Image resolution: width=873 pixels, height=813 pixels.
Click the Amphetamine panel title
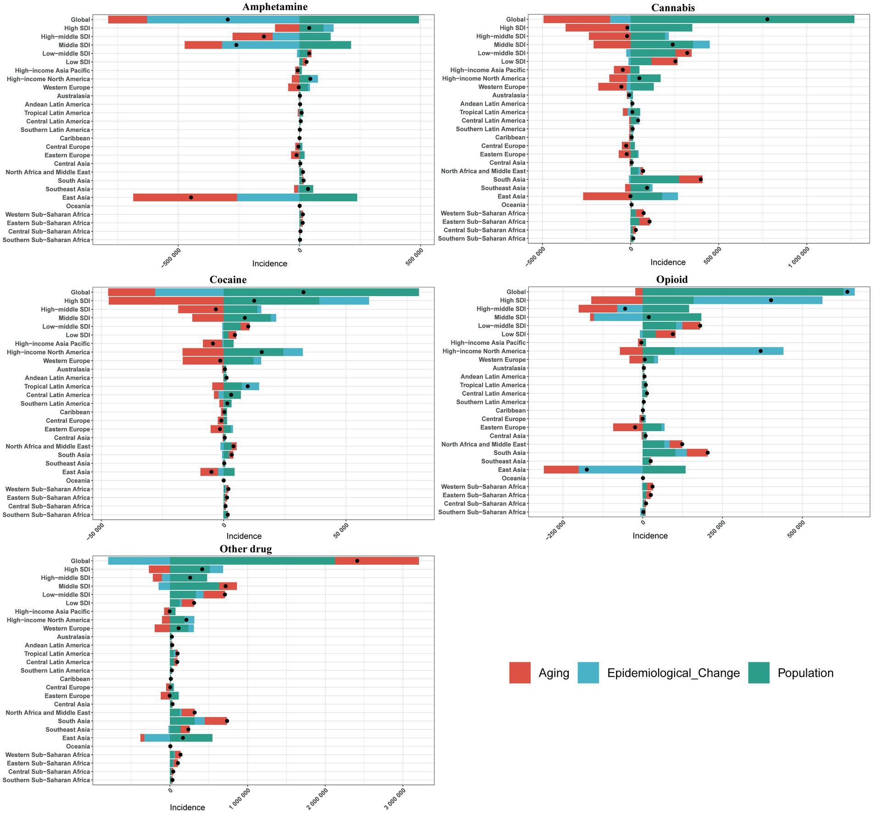(275, 7)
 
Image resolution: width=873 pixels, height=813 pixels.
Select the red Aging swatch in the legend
(520, 673)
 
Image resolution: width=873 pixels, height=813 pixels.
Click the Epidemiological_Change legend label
(673, 673)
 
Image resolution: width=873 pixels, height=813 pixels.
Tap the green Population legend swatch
(758, 673)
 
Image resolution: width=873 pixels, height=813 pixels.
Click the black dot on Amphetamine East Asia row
(191, 197)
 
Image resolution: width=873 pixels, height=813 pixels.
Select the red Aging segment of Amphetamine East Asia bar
(185, 197)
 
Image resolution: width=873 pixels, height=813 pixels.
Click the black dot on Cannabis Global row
(767, 19)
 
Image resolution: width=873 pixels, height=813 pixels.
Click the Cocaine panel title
(228, 280)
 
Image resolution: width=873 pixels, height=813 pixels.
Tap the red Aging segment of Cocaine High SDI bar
(166, 301)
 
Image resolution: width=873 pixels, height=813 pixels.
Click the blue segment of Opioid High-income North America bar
(729, 351)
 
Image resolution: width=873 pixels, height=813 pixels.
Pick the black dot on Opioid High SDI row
(771, 300)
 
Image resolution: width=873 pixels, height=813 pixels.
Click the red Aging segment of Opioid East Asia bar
(561, 470)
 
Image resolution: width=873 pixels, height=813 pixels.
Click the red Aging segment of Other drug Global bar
(377, 561)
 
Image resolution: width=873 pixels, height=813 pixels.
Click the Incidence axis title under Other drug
(187, 807)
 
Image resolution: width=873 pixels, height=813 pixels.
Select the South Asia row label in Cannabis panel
(509, 179)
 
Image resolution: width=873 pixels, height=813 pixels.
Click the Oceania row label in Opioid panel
(514, 478)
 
